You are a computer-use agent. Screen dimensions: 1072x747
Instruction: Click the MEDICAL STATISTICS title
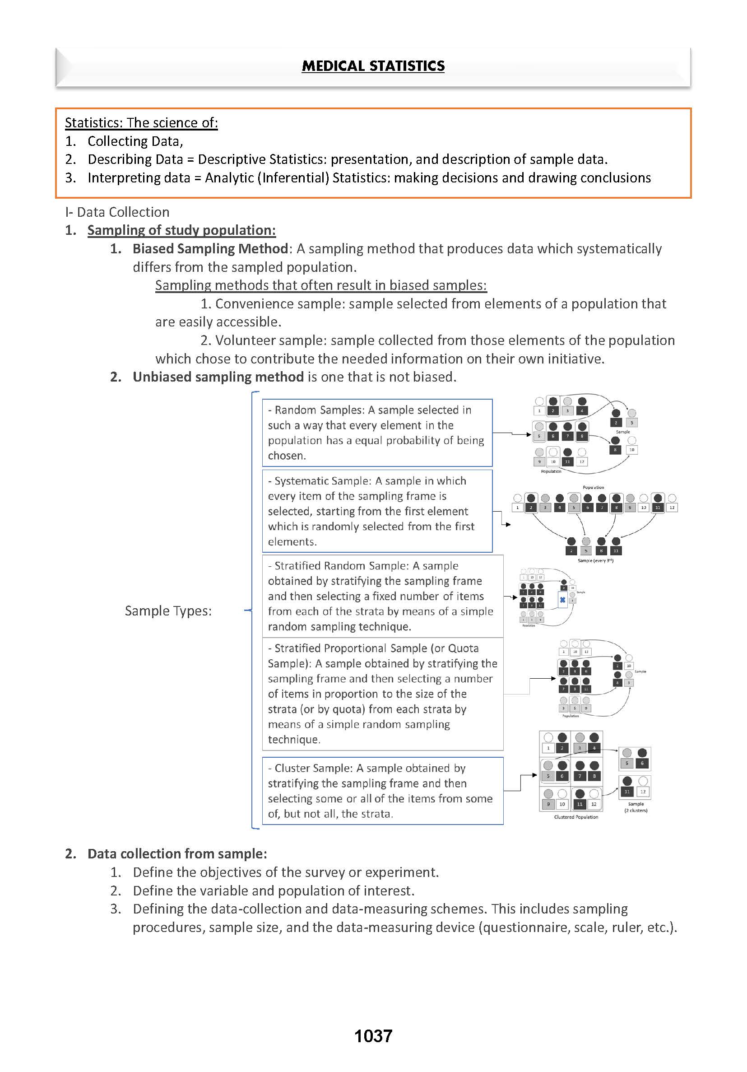coord(373,66)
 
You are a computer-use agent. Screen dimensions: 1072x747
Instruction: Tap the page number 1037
coord(373,1035)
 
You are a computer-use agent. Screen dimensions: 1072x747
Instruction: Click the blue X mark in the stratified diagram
coord(562,600)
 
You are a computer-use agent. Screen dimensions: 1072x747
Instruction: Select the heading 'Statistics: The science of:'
coord(141,122)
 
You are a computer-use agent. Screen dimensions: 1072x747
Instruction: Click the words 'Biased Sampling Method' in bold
coord(210,248)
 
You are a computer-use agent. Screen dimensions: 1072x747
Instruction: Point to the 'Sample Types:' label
coord(168,611)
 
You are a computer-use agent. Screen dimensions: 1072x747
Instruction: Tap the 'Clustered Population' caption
coord(576,817)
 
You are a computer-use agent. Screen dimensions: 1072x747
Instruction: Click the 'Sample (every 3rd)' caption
coord(595,560)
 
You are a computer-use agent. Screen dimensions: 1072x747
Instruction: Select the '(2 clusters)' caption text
coord(636,811)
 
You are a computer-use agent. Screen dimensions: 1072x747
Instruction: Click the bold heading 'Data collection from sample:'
coord(177,853)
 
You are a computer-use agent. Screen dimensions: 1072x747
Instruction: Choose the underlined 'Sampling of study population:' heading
coord(181,230)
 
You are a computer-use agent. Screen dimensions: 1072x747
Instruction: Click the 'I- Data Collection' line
coord(117,212)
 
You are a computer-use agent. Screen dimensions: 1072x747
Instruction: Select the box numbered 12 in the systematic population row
coord(672,508)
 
